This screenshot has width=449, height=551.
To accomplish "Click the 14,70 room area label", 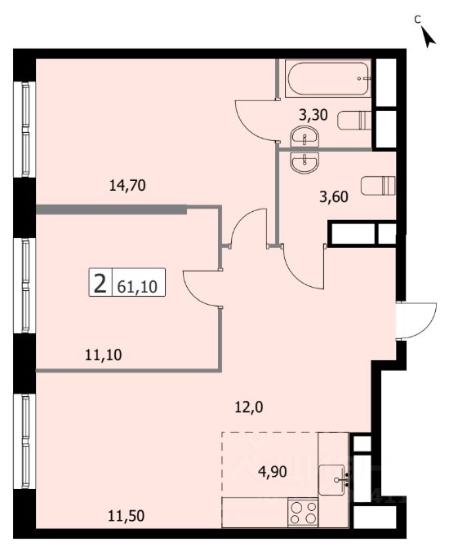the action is point(127,185).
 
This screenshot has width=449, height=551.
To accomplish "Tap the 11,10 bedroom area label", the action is point(104,355).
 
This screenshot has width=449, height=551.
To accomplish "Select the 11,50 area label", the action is point(126,516).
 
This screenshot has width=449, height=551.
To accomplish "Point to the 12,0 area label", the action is point(249,408).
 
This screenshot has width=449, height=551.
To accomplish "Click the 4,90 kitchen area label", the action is point(273,472).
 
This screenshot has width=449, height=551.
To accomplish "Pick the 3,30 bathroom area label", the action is point(313,115).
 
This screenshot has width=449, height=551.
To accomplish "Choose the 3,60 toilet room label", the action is point(334,197).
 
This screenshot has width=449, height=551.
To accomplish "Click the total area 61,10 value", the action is point(137,287).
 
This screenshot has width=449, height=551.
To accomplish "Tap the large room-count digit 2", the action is point(100,284).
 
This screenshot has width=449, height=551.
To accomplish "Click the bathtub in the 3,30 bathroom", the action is point(328,78).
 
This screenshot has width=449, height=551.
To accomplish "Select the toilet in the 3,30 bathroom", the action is point(354,120).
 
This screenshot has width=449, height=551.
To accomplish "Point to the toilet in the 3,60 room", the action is point(378,185).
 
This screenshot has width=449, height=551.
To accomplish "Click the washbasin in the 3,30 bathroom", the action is point(305,138).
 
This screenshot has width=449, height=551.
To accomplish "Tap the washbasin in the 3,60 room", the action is point(305,163).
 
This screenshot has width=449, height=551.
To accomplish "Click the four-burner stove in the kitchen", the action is point(303,513).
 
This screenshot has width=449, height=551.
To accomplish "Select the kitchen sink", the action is point(331,479).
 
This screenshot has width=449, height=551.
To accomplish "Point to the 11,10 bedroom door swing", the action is point(202,289).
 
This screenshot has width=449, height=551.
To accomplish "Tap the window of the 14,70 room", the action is point(25,130).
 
